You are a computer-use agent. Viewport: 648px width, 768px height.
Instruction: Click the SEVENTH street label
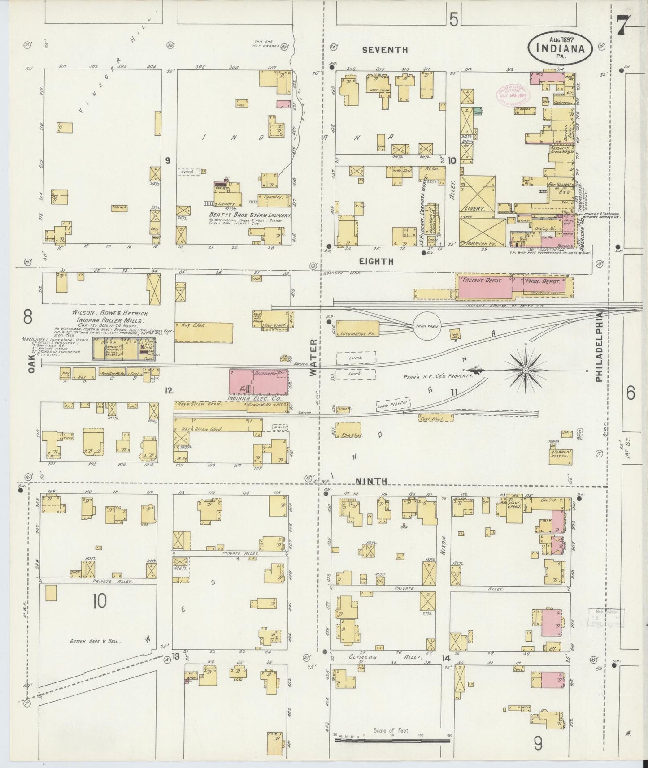click(385, 50)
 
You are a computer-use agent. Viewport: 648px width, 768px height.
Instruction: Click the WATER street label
click(314, 357)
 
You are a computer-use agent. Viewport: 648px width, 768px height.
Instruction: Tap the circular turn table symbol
click(427, 326)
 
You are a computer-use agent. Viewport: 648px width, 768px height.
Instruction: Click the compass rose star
click(525, 371)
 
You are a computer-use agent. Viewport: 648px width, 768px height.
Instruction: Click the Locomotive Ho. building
click(357, 328)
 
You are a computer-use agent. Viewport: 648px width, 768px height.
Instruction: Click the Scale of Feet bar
click(392, 741)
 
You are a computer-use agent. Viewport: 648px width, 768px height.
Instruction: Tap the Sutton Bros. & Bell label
click(96, 641)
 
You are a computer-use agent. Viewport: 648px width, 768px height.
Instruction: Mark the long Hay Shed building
click(204, 332)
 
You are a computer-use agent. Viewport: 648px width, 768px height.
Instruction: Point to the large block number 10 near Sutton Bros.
click(99, 601)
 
